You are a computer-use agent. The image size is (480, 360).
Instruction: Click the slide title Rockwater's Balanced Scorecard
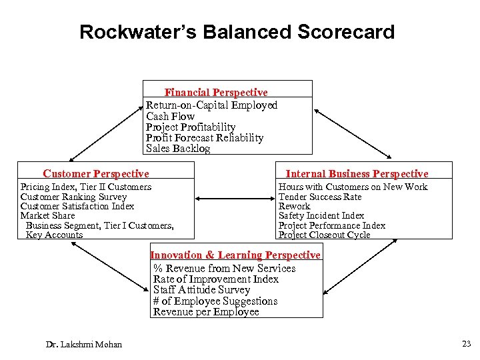pyautogui.click(x=237, y=32)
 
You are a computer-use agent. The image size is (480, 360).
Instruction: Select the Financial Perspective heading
pyautogui.click(x=216, y=93)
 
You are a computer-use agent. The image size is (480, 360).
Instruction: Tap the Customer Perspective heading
pyautogui.click(x=96, y=174)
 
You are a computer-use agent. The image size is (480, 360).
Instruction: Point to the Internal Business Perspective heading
pyautogui.click(x=357, y=174)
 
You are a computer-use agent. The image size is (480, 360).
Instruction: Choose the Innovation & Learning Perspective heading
pyautogui.click(x=235, y=255)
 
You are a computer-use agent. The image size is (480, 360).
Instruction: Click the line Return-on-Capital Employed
pyautogui.click(x=211, y=105)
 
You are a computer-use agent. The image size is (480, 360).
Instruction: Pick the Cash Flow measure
pyautogui.click(x=170, y=117)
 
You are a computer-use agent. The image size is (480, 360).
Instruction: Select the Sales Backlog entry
pyautogui.click(x=178, y=149)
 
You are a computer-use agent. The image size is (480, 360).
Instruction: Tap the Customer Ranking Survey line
pyautogui.click(x=73, y=197)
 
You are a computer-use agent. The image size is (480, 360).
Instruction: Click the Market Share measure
pyautogui.click(x=47, y=215)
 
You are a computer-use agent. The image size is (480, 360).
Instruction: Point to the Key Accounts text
pyautogui.click(x=54, y=235)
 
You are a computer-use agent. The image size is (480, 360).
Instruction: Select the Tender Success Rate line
pyautogui.click(x=320, y=197)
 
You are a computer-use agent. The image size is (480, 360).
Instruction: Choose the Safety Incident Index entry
pyautogui.click(x=321, y=215)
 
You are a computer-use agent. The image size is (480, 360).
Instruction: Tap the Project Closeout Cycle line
pyautogui.click(x=324, y=235)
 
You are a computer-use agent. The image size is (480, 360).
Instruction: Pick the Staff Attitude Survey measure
pyautogui.click(x=201, y=290)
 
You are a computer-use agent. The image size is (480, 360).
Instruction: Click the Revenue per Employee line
pyautogui.click(x=206, y=312)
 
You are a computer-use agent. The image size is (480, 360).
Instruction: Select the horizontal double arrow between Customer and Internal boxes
pyautogui.click(x=235, y=198)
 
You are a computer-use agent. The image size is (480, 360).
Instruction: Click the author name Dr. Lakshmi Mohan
pyautogui.click(x=84, y=344)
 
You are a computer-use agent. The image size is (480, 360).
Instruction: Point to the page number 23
pyautogui.click(x=465, y=344)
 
